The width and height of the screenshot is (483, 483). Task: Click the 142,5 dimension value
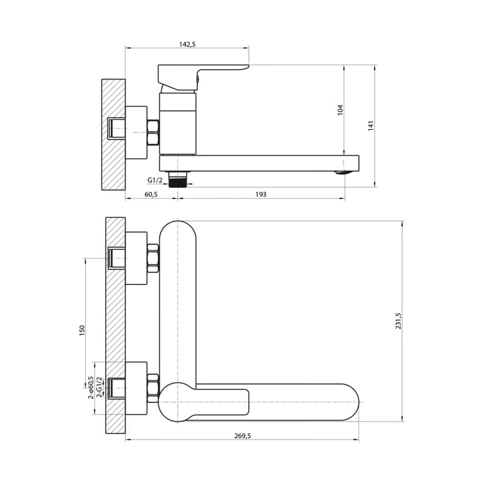(x=187, y=44)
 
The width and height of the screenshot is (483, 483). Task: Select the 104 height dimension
(x=340, y=110)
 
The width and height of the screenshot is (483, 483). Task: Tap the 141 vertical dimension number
(x=371, y=126)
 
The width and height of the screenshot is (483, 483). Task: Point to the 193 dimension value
(x=261, y=194)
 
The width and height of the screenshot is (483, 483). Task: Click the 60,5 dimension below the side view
(x=151, y=194)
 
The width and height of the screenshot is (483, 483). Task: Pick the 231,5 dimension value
(x=398, y=321)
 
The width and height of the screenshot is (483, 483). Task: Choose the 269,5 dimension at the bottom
(x=243, y=436)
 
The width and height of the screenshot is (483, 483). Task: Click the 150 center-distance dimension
(x=82, y=330)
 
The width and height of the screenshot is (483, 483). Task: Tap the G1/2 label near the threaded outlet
(x=155, y=180)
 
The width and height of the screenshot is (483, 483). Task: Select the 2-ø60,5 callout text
(x=91, y=388)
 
